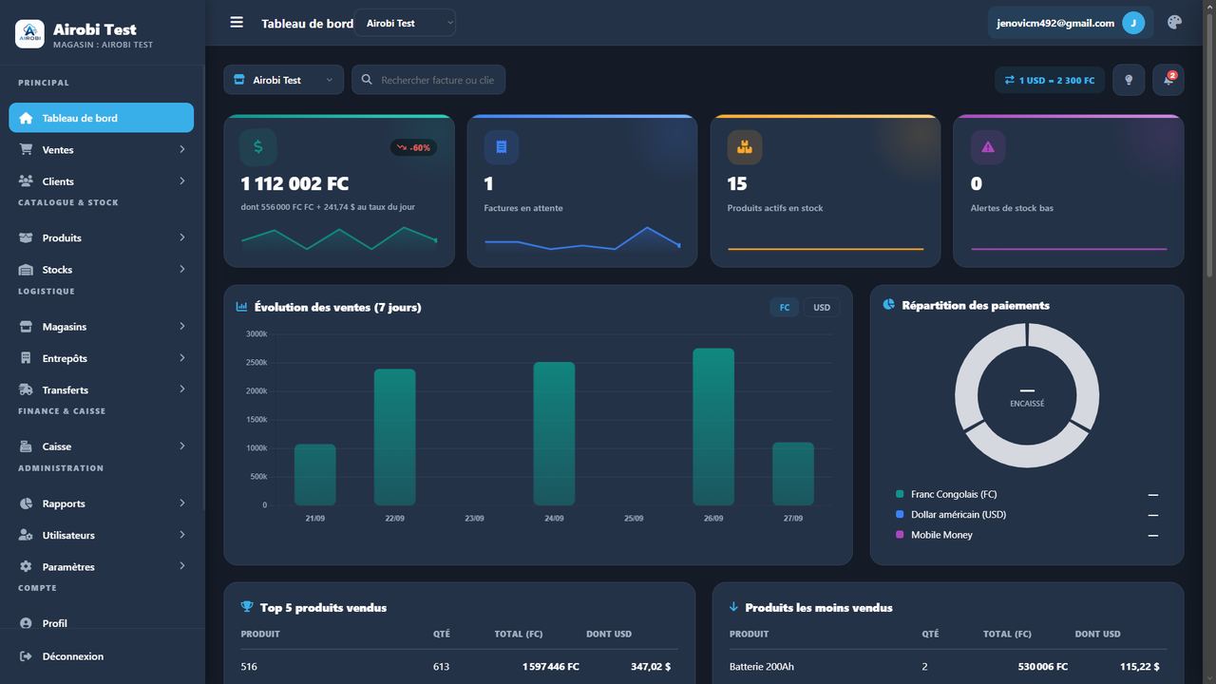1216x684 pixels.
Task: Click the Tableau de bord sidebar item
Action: [x=101, y=118]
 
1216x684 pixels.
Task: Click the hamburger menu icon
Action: [x=237, y=22]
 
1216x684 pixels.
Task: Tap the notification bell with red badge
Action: [x=1168, y=80]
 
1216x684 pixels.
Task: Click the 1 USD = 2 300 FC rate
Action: [x=1050, y=81]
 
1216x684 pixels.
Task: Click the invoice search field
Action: [x=428, y=80]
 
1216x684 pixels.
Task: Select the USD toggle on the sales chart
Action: [x=822, y=307]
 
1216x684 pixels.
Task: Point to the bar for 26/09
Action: [x=713, y=427]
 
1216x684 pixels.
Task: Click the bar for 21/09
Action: [x=314, y=474]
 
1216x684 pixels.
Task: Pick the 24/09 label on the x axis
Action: [x=554, y=519]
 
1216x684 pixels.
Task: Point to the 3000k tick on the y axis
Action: [x=256, y=333]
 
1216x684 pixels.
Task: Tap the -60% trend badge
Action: [x=413, y=147]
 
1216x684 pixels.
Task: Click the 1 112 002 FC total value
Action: [x=294, y=183]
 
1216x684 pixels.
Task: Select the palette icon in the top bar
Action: [x=1174, y=22]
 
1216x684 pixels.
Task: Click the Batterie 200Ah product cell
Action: [x=761, y=667]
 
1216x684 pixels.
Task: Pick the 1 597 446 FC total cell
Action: [x=550, y=667]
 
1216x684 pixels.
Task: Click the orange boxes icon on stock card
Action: [x=744, y=147]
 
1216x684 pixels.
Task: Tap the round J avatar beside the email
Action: [x=1133, y=23]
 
